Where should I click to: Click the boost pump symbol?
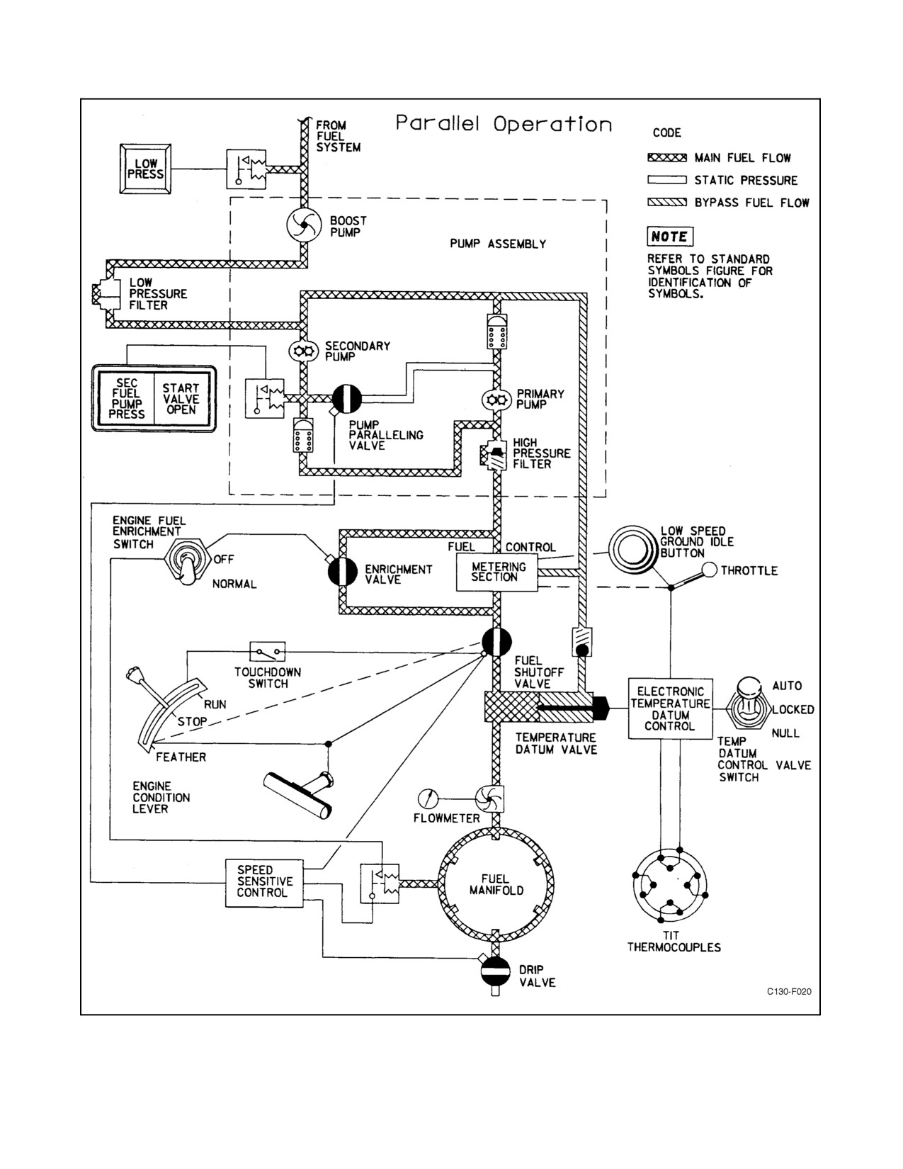click(304, 225)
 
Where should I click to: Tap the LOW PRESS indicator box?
click(145, 169)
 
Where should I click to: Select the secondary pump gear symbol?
click(304, 351)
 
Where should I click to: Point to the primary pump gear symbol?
click(496, 400)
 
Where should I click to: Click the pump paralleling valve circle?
click(347, 399)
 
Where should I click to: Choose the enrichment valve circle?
click(343, 571)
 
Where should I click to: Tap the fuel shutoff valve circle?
click(496, 642)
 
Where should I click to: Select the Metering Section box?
click(497, 572)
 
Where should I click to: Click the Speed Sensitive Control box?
click(264, 883)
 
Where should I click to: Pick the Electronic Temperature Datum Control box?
click(670, 708)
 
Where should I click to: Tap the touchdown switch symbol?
click(267, 652)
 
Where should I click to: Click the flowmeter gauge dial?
click(428, 798)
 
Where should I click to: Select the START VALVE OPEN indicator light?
click(182, 399)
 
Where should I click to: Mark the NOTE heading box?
click(669, 236)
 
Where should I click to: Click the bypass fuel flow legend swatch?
click(667, 203)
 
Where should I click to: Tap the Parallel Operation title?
click(504, 124)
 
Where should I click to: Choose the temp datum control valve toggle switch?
click(748, 705)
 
